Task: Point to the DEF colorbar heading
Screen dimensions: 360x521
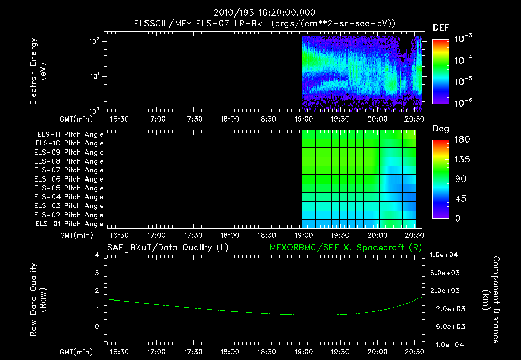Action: [x=441, y=27]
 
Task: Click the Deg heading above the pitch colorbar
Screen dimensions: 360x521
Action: [x=441, y=129]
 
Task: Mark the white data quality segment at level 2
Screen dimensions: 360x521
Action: [x=200, y=291]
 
